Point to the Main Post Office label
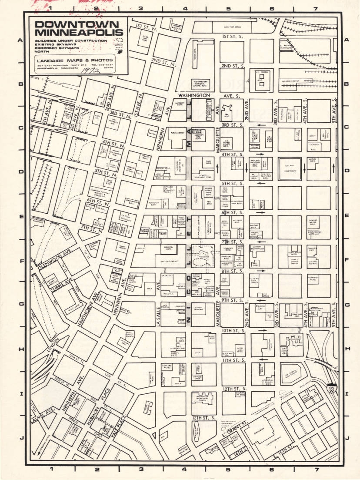tap(232, 27)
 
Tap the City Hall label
tap(290, 166)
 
